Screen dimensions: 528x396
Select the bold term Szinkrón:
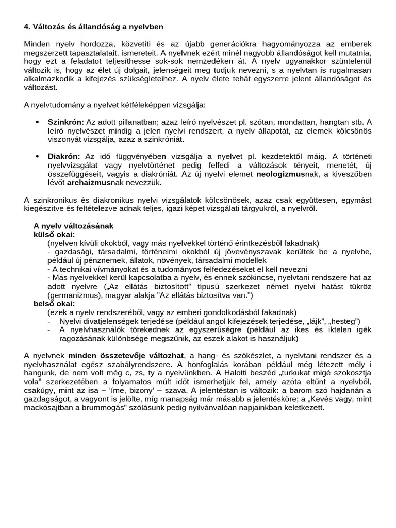point(65,122)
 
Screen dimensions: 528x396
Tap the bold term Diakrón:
point(64,156)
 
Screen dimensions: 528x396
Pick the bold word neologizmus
point(280,174)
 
